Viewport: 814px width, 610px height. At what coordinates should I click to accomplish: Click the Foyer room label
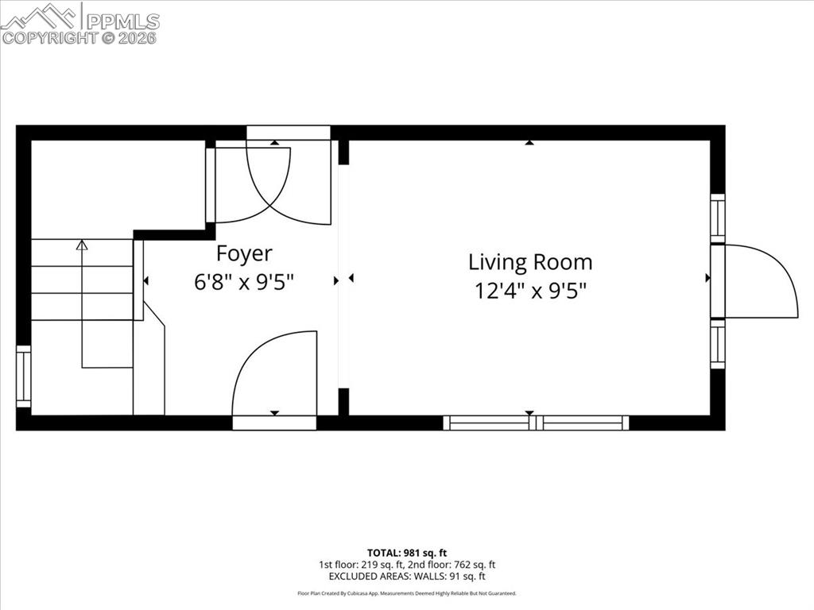coord(244,253)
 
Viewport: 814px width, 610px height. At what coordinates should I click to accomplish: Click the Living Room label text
coord(529,262)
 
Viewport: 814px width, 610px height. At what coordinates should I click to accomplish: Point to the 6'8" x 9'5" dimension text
coord(244,282)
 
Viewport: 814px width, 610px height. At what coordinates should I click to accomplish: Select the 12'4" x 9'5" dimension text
coord(530,291)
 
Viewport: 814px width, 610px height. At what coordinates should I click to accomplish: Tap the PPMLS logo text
coord(122,21)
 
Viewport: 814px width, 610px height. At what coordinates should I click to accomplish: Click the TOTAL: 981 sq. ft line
coord(406,553)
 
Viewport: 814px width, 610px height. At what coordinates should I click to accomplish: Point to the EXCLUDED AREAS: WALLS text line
coord(406,577)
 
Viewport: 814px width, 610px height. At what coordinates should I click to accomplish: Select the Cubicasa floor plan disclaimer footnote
coord(406,593)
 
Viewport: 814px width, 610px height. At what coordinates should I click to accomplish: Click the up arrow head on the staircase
coord(82,245)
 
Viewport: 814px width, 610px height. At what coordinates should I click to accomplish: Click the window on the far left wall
coord(24,376)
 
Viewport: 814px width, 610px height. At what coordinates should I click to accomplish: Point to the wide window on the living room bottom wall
coord(536,423)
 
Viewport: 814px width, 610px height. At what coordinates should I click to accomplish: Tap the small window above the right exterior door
coord(718,218)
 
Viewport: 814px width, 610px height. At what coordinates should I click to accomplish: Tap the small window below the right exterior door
coord(718,343)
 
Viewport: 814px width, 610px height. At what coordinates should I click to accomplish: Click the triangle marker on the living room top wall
coord(529,143)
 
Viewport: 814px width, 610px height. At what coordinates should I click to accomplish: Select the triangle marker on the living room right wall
coord(707,278)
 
